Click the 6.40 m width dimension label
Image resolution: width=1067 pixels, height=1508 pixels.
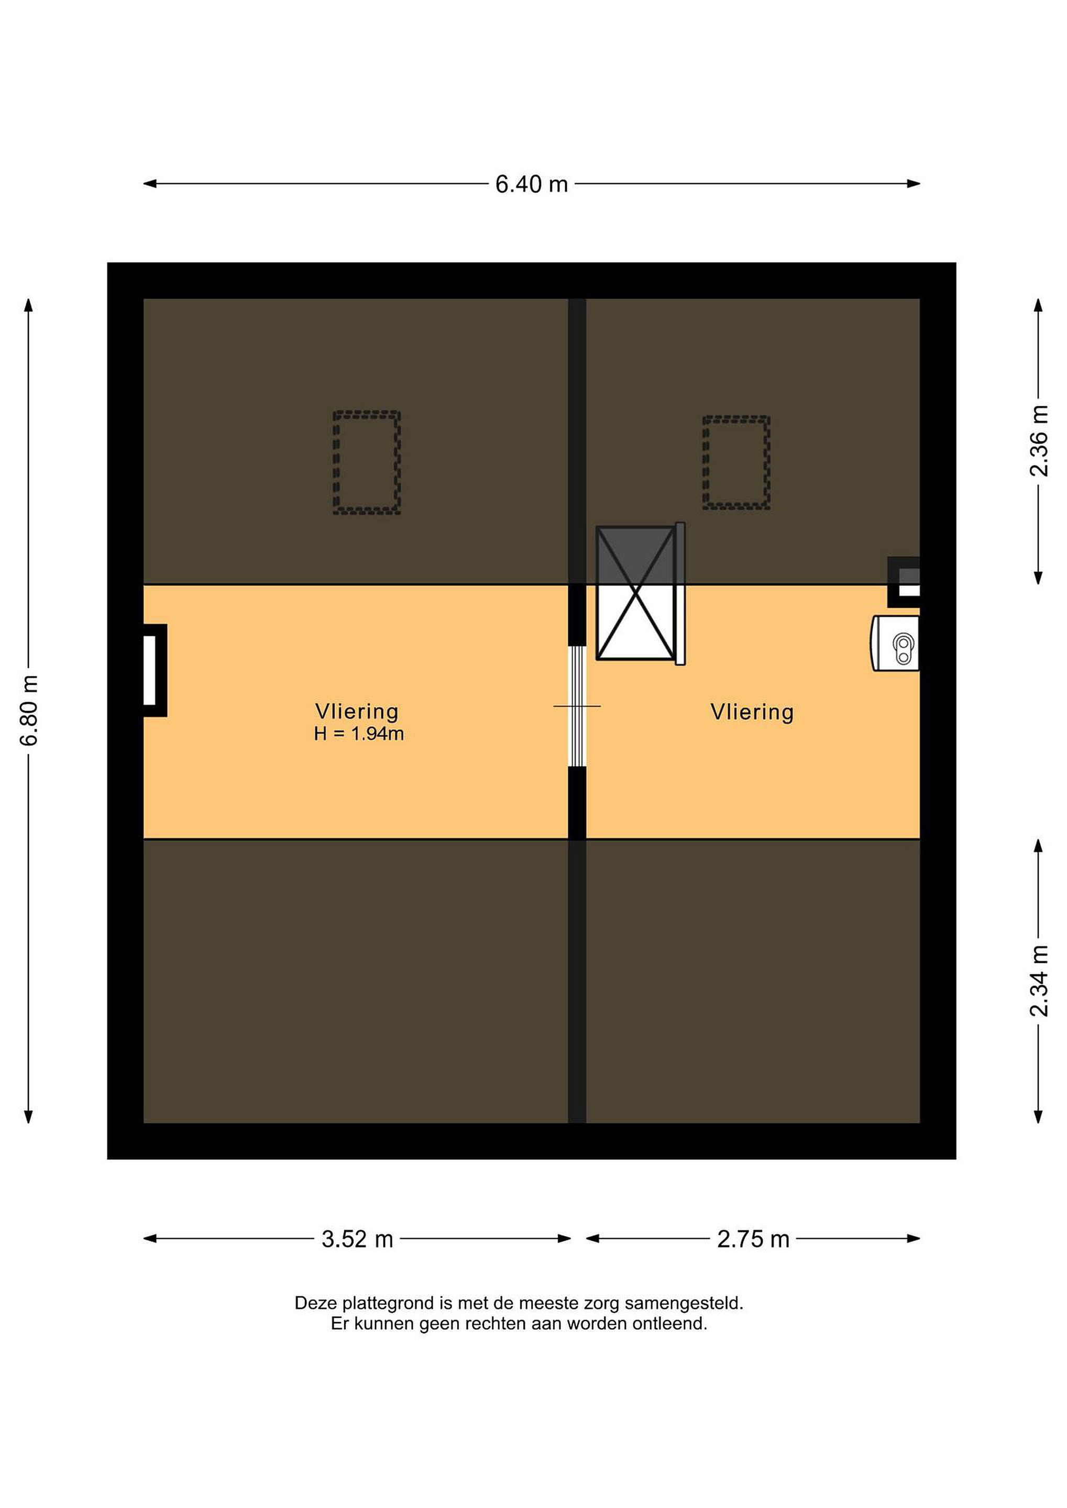click(532, 184)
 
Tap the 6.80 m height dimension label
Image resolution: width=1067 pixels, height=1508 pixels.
click(29, 710)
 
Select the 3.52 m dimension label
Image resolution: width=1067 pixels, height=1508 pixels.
click(357, 1239)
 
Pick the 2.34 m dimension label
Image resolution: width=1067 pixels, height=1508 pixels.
click(1039, 981)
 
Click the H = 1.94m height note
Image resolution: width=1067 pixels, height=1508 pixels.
click(359, 734)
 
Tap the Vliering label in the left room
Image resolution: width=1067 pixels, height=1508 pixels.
click(357, 712)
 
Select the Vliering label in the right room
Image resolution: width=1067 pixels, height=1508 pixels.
click(752, 712)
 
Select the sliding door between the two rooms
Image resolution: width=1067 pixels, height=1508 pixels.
click(577, 706)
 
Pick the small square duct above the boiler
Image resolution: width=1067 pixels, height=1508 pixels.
click(904, 582)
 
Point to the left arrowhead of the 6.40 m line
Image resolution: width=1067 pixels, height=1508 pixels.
click(150, 184)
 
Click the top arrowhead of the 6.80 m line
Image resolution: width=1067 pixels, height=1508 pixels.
click(28, 305)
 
